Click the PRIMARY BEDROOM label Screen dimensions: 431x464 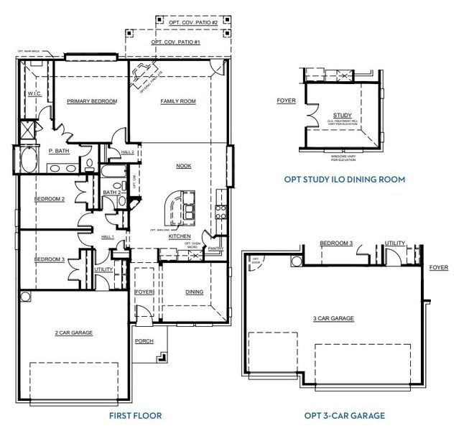coord(92,101)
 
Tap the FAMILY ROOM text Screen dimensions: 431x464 coord(177,101)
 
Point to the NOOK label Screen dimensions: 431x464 coord(184,166)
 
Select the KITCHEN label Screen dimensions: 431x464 coord(179,236)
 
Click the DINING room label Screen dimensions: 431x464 coord(194,292)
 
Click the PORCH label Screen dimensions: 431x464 coord(144,340)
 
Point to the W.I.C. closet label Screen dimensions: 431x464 coord(34,94)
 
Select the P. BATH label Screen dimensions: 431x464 coord(58,152)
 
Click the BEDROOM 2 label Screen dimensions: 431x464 coord(49,199)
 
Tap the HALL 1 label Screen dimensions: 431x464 coord(108,237)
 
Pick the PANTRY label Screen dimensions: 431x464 coord(214,249)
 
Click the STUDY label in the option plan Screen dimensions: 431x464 coord(343,115)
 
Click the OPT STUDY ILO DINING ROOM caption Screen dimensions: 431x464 coord(345,179)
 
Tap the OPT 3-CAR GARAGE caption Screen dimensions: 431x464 coord(344,415)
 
